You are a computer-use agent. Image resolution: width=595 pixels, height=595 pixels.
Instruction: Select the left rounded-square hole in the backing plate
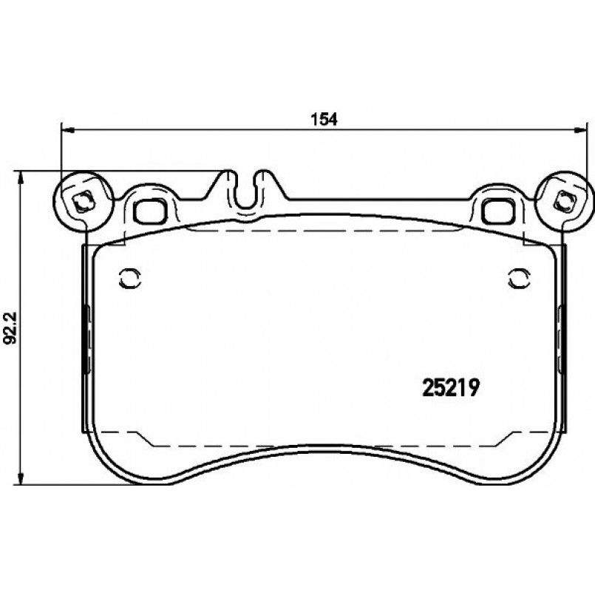pos(152,211)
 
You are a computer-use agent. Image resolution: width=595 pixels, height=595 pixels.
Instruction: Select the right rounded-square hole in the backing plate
pos(494,211)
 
